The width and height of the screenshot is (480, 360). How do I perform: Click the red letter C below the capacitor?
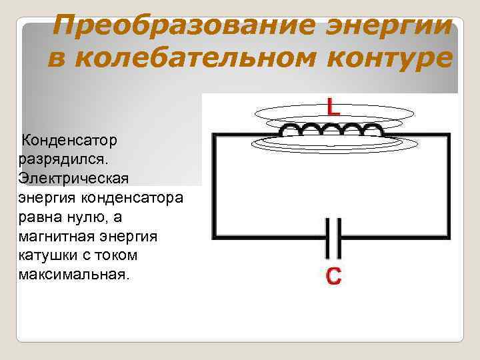[333, 277]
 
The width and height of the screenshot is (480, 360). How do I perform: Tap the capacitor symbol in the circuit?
[333, 237]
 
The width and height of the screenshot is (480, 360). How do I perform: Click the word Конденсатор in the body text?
[69, 141]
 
